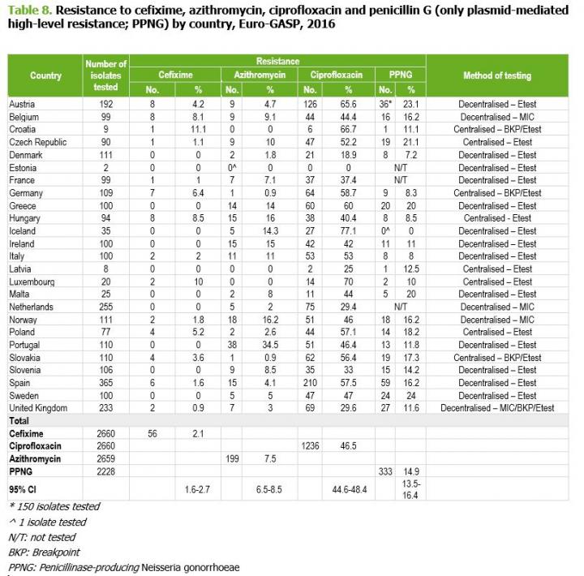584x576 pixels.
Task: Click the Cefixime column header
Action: (x=175, y=75)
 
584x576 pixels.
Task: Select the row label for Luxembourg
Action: (x=31, y=282)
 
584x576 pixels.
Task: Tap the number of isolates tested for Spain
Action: (x=106, y=382)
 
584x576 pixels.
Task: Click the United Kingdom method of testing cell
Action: (x=498, y=407)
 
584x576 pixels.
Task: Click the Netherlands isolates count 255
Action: (x=106, y=307)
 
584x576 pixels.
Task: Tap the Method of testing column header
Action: (x=497, y=75)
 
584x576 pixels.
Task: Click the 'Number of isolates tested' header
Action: (x=106, y=75)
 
